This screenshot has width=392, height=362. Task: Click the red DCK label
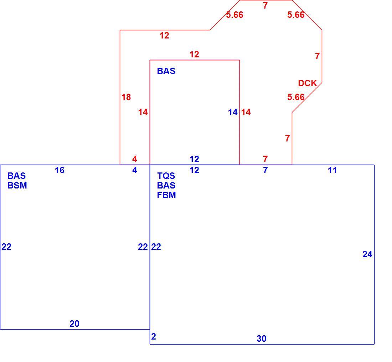click(307, 83)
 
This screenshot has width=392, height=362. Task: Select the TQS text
click(166, 176)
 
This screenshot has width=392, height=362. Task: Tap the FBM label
click(166, 195)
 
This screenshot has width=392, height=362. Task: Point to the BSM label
click(17, 186)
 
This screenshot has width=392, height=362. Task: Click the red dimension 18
click(126, 97)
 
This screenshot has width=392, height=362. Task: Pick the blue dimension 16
click(60, 170)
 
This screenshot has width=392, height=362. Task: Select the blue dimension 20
click(74, 324)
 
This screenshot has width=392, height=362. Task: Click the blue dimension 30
click(262, 338)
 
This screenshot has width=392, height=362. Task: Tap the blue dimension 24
click(367, 254)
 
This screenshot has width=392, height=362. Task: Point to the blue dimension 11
click(332, 170)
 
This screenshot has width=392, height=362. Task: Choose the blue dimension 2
click(154, 336)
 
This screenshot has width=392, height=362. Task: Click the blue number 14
click(233, 112)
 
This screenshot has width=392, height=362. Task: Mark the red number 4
click(134, 159)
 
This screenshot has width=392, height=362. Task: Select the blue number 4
click(134, 170)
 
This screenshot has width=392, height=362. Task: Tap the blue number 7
click(265, 170)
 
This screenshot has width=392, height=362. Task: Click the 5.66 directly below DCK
click(296, 97)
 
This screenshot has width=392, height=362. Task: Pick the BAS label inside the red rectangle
click(166, 71)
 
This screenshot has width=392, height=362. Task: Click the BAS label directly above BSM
click(16, 176)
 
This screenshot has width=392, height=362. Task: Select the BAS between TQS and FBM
click(166, 186)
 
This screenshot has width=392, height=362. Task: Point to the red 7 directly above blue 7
click(265, 159)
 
